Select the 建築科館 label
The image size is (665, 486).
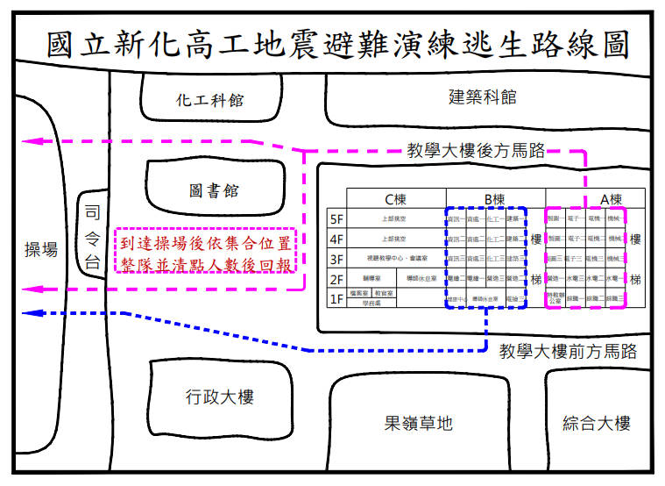pos(482,96)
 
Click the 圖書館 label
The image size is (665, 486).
pos(213,190)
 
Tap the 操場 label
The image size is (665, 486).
pos(40,250)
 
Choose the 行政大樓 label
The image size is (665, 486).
pos(219,397)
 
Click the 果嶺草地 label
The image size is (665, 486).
pos(419,424)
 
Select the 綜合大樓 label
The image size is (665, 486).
pos(596,424)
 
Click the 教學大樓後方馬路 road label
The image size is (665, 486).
pos(476,151)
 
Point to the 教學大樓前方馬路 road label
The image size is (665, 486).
pos(568,352)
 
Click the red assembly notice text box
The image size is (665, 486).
pos(207,252)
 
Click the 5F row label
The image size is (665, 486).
pos(336,218)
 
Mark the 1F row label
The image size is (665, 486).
pos(336,299)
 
